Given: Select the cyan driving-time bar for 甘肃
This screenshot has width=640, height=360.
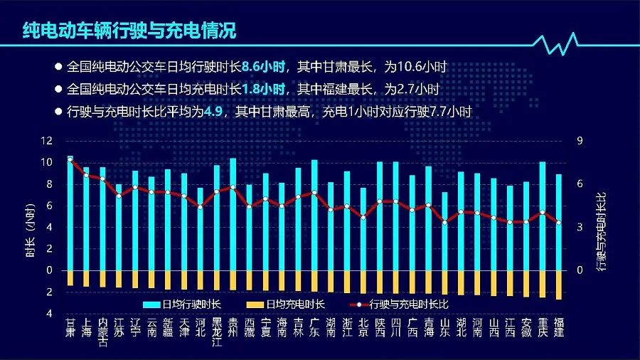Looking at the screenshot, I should point(70,213).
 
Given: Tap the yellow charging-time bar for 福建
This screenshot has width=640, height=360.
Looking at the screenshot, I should point(559,285).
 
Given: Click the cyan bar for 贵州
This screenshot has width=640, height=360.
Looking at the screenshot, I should point(233,214).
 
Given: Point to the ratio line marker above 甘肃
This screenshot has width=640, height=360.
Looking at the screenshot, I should point(70,160).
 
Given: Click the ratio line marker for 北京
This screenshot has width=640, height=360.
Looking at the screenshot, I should point(363,217).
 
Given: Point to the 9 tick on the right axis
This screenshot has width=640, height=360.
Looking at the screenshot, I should point(580,141).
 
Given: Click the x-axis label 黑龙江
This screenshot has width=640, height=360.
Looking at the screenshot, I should point(216,332).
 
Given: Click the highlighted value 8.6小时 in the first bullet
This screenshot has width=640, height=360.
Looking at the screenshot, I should point(265,68).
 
